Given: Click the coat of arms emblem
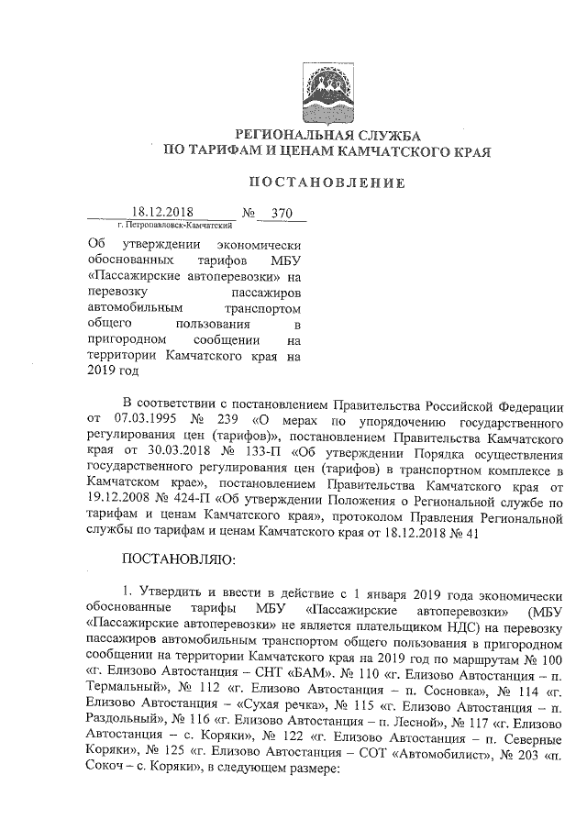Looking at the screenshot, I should point(327,92).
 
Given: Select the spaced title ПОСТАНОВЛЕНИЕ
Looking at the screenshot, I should point(327,183).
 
